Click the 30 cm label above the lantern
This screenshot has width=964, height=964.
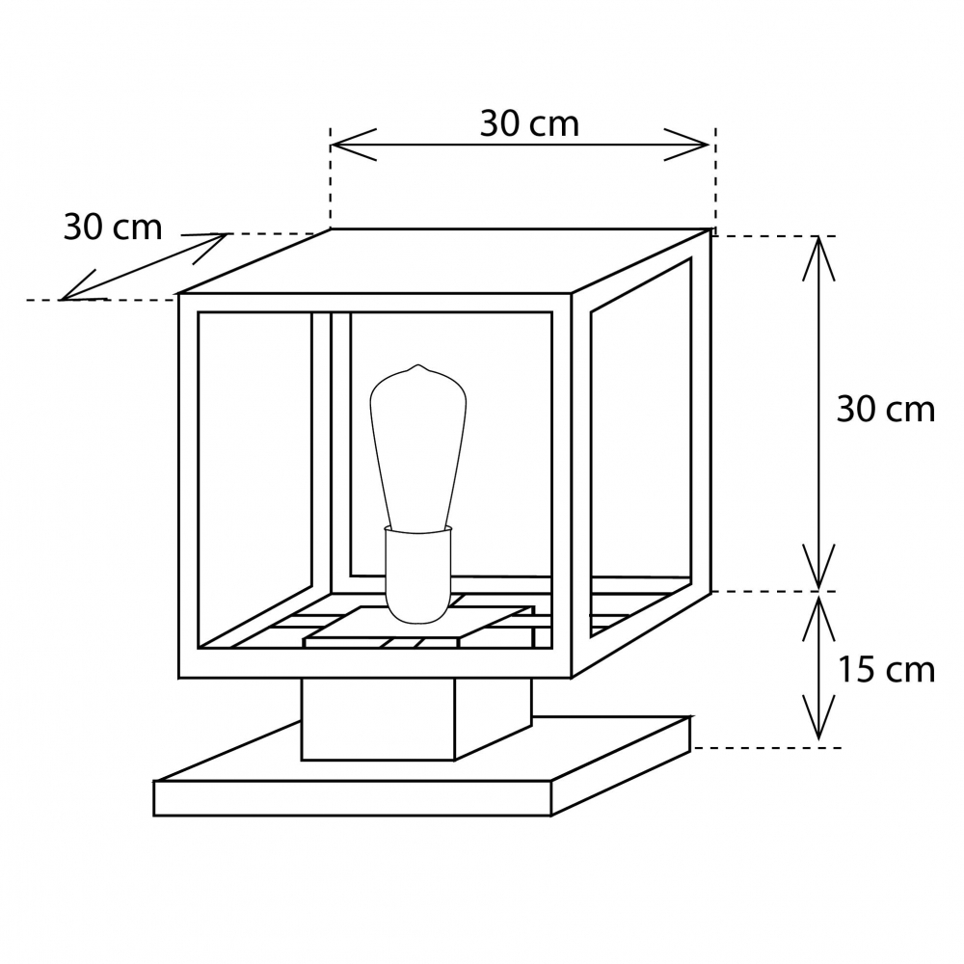529,123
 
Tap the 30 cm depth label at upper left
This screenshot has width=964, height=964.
113,227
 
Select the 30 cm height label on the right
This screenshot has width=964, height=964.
885,409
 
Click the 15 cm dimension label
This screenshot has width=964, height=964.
886,670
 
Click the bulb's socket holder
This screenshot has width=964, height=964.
418,575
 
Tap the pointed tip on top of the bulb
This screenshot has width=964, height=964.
418,365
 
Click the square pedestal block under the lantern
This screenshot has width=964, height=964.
415,719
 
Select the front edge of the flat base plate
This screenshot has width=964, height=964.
352,798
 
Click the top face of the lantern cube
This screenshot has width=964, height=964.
444,261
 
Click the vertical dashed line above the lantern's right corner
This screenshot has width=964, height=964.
715,178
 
